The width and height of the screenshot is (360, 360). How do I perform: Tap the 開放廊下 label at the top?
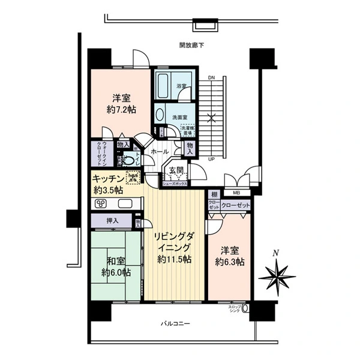(191, 45)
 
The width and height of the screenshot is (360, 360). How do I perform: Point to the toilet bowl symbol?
(128, 160)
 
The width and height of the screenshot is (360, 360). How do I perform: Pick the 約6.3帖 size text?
(231, 262)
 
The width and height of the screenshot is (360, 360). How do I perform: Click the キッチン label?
(108, 179)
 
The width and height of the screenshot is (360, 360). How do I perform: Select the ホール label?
(159, 152)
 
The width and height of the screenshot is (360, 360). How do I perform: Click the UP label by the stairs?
(211, 160)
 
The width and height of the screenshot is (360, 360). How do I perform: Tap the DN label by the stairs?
(211, 79)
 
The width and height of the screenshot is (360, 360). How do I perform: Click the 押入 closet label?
(112, 221)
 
